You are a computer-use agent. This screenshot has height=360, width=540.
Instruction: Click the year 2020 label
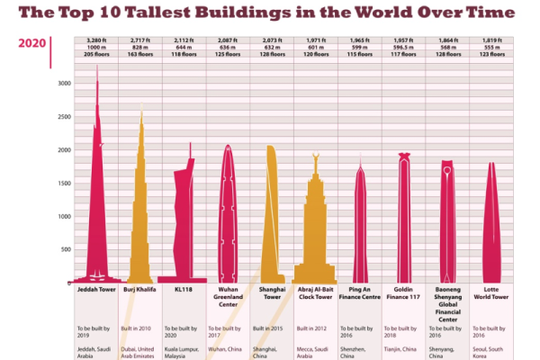[31, 42]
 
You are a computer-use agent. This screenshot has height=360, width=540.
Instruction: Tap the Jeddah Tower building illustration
[97, 207]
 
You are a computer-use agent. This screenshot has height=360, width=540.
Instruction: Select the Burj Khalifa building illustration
[140, 216]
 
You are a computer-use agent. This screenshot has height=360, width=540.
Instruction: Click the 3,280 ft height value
[97, 40]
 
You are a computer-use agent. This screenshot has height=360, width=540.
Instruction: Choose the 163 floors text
[140, 56]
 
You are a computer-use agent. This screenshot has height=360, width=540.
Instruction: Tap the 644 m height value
[184, 49]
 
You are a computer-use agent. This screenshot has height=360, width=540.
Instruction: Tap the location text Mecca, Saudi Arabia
[313, 349]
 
